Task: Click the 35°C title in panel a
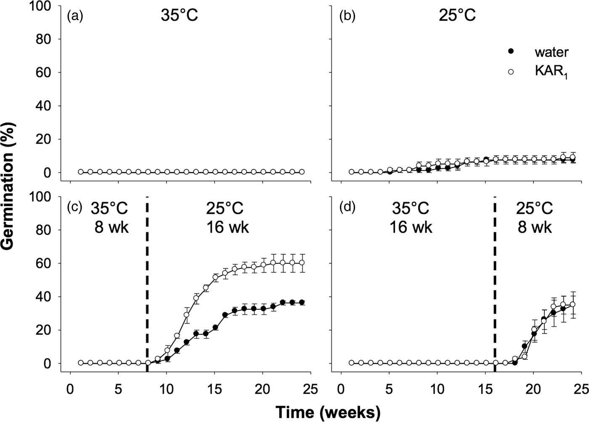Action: tap(179, 16)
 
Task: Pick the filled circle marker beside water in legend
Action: tap(511, 51)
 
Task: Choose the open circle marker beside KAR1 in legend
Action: tap(511, 71)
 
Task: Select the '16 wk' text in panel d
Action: tap(411, 227)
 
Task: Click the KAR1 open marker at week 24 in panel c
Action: tap(301, 263)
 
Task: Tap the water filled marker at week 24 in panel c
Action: tap(301, 302)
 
